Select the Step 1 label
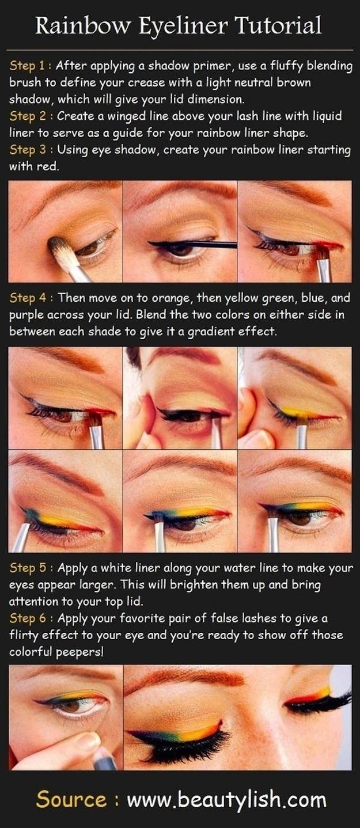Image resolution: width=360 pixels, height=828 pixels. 29,66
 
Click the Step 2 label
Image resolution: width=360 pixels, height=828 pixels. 29,116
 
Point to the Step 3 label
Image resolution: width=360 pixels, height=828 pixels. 29,150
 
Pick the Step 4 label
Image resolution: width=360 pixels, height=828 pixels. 29,298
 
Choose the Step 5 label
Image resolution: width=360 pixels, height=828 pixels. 29,568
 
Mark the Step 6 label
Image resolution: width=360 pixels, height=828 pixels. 29,618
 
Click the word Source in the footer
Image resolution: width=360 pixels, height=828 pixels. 71,800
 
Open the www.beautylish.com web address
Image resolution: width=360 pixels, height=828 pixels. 226,800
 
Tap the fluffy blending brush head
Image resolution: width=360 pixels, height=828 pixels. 59,249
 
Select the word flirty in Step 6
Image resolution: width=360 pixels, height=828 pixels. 25,635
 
